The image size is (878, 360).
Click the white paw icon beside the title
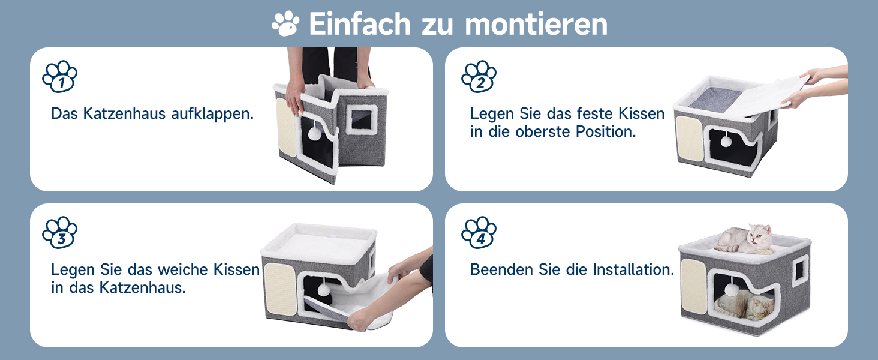[285, 23]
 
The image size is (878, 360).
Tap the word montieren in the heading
[536, 25]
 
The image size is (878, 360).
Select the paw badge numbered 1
[59, 76]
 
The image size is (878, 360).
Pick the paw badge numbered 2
[479, 76]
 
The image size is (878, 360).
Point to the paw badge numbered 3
[59, 233]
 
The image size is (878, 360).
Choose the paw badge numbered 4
[479, 233]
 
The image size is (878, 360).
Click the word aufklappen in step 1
[212, 114]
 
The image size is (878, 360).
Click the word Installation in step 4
[633, 269]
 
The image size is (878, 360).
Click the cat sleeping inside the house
[744, 305]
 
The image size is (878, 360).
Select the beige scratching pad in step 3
[280, 289]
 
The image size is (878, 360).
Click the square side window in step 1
[362, 119]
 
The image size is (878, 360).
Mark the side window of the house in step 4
[801, 271]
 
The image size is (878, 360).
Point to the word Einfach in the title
[360, 25]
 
